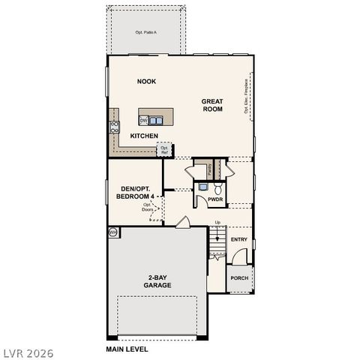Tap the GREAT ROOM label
pos(212,105)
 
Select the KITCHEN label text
pos(143,136)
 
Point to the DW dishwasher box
pos(142,119)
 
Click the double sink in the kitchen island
pos(155,119)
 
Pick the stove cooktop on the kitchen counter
pos(115,127)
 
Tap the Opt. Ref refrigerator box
pos(163,150)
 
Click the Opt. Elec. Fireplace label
pos(246,97)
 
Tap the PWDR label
pos(215,199)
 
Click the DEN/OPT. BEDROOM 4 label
pos(136,192)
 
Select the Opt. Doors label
pos(148,207)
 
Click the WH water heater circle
pos(113,232)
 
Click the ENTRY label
pos(239,239)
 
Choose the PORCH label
pos(239,277)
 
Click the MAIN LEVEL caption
pos(127,349)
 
